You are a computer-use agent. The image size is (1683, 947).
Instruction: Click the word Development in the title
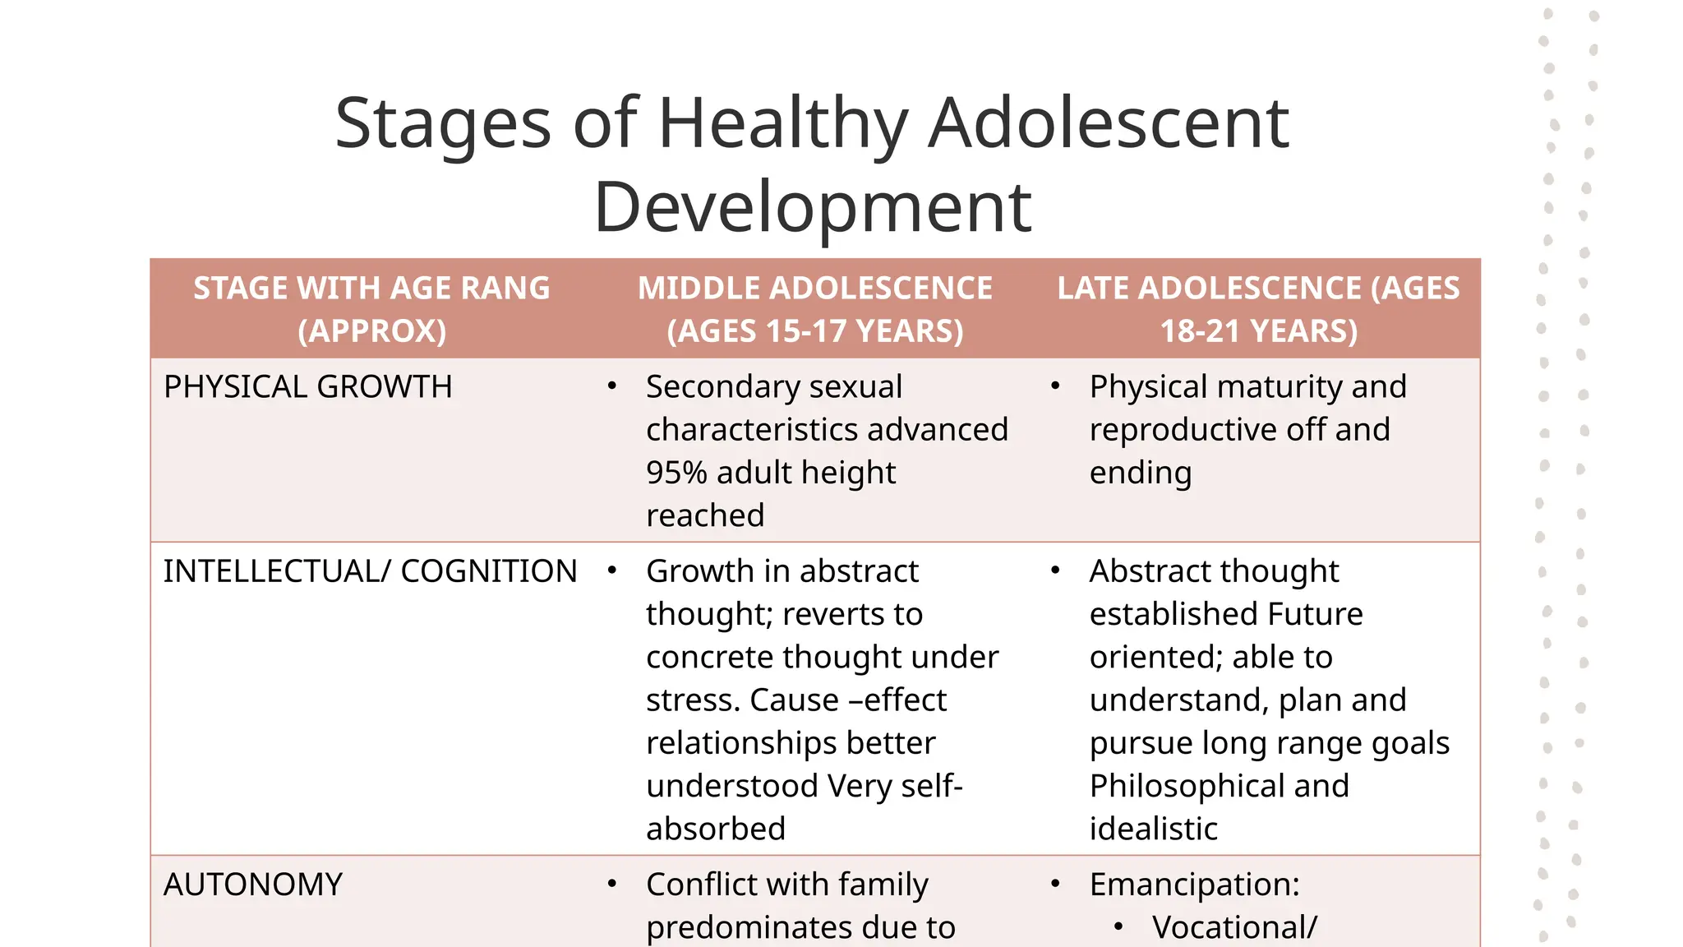pyautogui.click(x=812, y=207)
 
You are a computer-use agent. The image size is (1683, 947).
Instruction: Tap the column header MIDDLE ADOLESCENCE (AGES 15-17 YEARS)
pyautogui.click(x=814, y=309)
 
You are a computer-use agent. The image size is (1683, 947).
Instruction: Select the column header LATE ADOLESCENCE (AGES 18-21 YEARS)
pyautogui.click(x=1258, y=309)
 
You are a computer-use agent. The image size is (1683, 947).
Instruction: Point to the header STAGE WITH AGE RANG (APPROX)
pyautogui.click(x=371, y=309)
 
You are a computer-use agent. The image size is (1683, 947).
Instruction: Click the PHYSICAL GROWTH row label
pyautogui.click(x=307, y=387)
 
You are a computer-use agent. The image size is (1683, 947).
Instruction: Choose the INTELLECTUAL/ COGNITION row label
pyautogui.click(x=370, y=571)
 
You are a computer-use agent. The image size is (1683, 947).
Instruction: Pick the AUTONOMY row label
pyautogui.click(x=252, y=885)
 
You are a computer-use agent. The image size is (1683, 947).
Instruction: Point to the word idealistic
pyautogui.click(x=1153, y=829)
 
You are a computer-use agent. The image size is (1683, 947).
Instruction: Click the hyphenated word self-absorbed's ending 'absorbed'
pyautogui.click(x=715, y=829)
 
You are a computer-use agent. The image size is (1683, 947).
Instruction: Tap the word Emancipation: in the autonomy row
pyautogui.click(x=1194, y=885)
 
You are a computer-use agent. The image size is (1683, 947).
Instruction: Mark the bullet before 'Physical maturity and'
pyautogui.click(x=1055, y=386)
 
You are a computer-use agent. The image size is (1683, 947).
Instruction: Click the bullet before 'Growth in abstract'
pyautogui.click(x=611, y=570)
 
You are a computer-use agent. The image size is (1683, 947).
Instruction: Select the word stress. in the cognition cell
pyautogui.click(x=693, y=700)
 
